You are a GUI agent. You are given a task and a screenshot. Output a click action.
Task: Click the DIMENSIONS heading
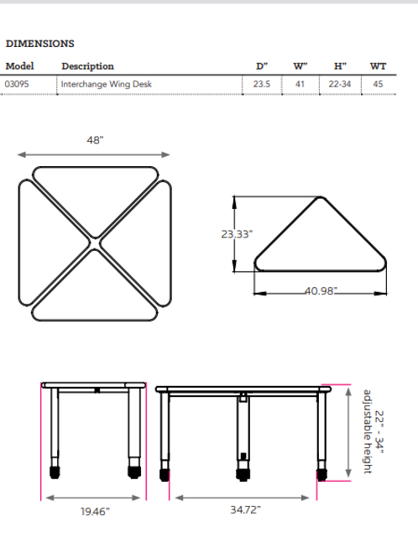coord(39,43)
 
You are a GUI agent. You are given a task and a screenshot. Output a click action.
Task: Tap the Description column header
coord(87,66)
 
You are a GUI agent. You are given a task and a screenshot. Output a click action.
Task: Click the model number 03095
coord(17,84)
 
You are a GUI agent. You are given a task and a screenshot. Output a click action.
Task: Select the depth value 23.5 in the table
coord(262,84)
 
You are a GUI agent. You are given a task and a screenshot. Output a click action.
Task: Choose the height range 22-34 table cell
coord(340,84)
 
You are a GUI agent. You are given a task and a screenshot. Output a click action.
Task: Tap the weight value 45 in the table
coord(379,84)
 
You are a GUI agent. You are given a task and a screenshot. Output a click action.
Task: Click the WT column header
coord(379,66)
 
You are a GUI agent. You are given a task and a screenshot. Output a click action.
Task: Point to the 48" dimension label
coord(94,141)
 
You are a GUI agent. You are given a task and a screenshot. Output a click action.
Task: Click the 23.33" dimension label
coord(237,235)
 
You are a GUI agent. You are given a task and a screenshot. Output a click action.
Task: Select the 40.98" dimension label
coord(319,290)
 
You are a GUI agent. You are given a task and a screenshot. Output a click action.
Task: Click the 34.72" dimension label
coord(243,511)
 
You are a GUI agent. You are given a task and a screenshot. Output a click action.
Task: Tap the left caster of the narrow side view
coord(55,471)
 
